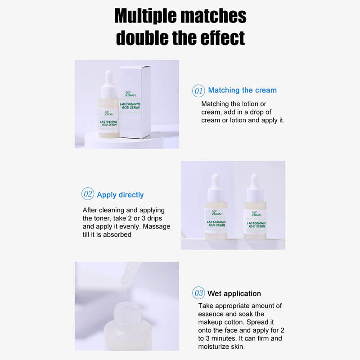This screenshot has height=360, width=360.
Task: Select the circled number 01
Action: [198, 90]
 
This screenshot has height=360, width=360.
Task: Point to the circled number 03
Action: [198, 293]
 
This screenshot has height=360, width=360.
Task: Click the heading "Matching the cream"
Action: [242, 90]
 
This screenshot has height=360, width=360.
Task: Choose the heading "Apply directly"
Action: [120, 195]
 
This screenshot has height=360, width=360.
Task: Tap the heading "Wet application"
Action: [234, 293]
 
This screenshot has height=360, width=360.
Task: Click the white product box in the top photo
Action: [135, 101]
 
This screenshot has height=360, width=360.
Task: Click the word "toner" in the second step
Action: [103, 218]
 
